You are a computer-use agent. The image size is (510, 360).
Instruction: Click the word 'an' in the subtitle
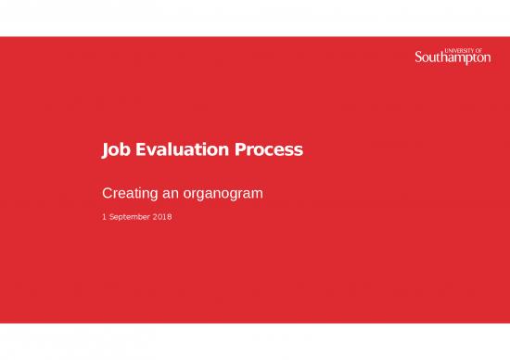click(x=171, y=196)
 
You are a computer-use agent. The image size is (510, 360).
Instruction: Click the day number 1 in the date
click(x=103, y=217)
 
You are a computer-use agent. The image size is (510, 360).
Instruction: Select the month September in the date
click(x=129, y=217)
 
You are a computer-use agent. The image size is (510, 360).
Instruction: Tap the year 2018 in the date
click(x=162, y=217)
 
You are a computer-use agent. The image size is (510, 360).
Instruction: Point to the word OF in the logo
click(x=486, y=50)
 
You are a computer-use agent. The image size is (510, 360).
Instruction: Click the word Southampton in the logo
click(x=453, y=59)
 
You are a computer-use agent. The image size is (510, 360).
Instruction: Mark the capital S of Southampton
click(x=418, y=58)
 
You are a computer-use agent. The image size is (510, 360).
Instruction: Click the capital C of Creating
click(x=106, y=196)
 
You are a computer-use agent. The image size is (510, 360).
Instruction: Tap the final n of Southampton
click(x=487, y=59)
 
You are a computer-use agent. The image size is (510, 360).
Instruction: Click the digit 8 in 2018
click(x=170, y=217)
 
